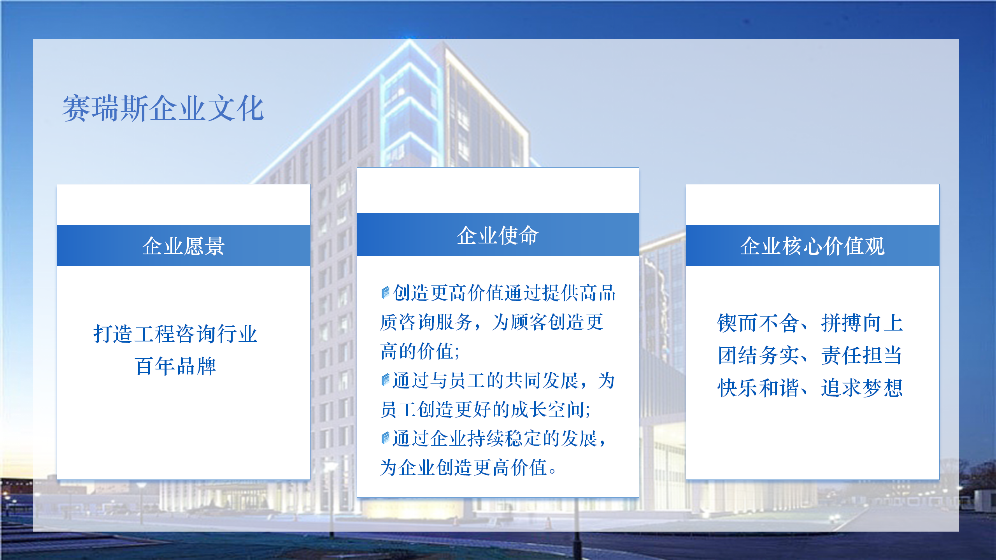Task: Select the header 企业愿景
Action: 183,246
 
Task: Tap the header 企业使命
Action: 498,235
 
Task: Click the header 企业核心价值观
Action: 812,246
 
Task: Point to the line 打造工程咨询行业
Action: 175,334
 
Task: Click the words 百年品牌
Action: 175,366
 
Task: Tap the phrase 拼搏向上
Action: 862,323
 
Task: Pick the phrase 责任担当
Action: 862,355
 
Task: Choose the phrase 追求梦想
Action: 862,388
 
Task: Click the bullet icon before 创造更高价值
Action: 385,292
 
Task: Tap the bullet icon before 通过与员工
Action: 385,380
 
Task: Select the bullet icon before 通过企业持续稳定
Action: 385,438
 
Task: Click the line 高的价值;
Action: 420,351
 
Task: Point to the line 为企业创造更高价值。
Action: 468,467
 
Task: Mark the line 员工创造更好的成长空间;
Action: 485,409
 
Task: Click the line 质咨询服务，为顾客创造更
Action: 492,322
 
